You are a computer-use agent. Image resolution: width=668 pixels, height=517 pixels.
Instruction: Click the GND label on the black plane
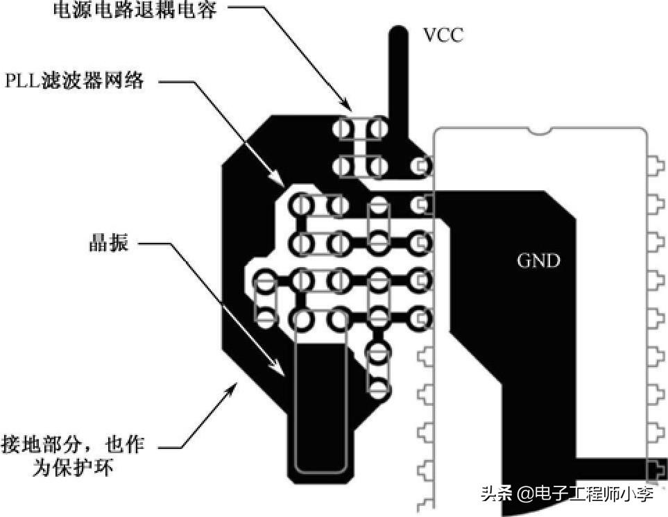pos(538,261)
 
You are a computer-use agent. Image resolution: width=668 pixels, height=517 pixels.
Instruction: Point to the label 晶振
pos(109,244)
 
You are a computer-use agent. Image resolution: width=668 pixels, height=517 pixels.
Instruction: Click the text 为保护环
pos(73,468)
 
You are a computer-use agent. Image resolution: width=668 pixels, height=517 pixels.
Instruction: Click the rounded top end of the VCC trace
pos(397,33)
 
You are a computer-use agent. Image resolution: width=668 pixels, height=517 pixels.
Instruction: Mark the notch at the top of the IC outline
pos(539,130)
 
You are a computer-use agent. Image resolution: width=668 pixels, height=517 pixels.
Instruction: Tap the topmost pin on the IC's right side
pos(652,167)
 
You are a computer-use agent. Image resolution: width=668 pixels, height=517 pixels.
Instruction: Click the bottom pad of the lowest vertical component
pos(377,388)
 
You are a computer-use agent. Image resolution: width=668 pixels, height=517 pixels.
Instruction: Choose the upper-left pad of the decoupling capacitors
pos(342,128)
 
